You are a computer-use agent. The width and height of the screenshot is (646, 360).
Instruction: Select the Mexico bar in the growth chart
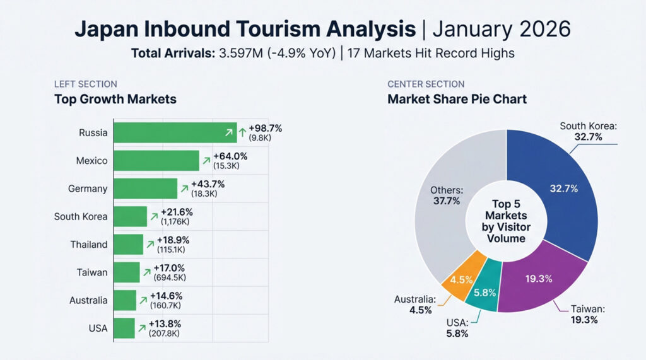pos(156,161)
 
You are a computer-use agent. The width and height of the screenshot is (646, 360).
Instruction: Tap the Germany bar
pos(145,189)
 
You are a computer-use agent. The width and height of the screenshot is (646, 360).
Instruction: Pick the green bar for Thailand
pos(129,245)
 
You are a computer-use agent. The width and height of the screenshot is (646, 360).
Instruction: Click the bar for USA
pos(124,328)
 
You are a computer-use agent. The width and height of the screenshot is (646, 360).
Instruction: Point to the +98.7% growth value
pos(265,128)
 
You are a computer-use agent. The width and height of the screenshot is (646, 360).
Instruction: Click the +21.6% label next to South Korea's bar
pos(177,212)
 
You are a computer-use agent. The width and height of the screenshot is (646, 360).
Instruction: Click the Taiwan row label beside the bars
pos(92,272)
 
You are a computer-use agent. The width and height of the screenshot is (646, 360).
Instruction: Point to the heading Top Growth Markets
pos(115,99)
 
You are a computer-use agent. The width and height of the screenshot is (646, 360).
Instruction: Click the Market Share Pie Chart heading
pos(457,99)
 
